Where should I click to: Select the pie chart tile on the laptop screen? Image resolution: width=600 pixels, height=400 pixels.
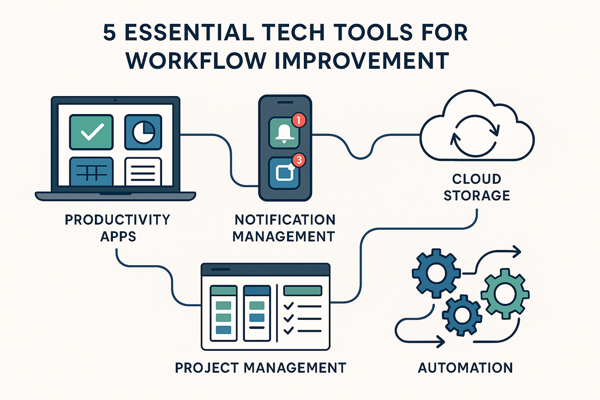pyautogui.click(x=143, y=132)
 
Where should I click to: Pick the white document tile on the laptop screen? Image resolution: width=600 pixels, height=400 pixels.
pyautogui.click(x=143, y=171)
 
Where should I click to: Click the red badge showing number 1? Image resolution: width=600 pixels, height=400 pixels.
pyautogui.click(x=299, y=120)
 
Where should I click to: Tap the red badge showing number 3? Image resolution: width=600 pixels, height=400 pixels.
pyautogui.click(x=299, y=160)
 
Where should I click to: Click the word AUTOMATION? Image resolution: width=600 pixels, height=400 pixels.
pyautogui.click(x=465, y=367)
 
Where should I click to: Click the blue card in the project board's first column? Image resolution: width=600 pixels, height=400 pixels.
pyautogui.click(x=223, y=330)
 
